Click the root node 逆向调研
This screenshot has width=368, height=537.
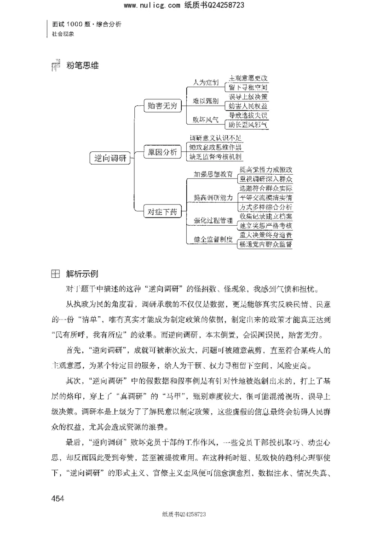[x=110, y=158]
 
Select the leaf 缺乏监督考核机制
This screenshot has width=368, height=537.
[x=215, y=156]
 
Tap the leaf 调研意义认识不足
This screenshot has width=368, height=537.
[x=215, y=138]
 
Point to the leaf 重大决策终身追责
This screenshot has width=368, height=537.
[x=265, y=235]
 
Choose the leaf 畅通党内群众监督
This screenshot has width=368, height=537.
[x=265, y=245]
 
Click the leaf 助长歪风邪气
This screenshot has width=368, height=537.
[x=248, y=125]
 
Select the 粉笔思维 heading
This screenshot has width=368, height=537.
[x=83, y=66]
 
